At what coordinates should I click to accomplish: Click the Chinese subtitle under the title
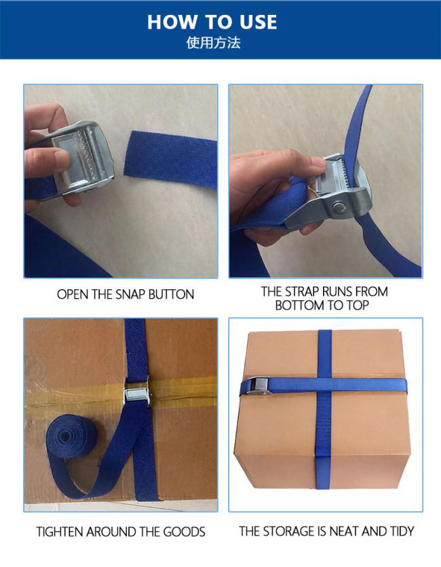coord(213,43)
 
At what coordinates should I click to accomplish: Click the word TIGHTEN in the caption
coord(60,532)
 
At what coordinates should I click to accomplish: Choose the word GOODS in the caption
coord(184,532)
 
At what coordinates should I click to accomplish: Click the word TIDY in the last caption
coord(402,531)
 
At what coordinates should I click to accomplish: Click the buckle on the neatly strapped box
coord(261,386)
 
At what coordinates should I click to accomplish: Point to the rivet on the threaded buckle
coord(339,209)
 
